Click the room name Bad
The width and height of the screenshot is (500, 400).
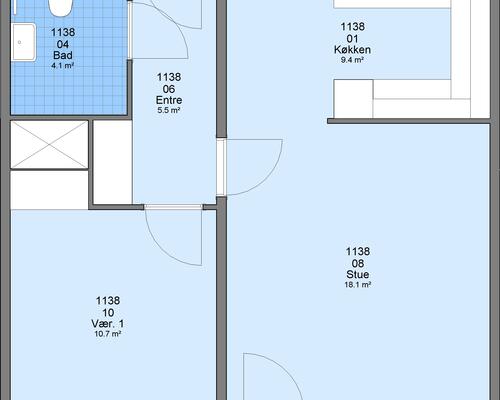coord(63,55)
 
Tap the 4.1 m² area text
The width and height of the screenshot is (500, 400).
coord(62,66)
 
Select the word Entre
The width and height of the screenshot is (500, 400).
coord(169,100)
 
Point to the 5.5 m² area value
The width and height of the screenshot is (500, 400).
coord(169,110)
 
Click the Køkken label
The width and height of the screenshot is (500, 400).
coord(352,50)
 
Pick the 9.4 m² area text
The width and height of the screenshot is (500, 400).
coord(352,60)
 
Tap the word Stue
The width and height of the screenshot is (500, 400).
coord(358,275)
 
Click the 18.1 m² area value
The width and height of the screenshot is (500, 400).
coord(358,285)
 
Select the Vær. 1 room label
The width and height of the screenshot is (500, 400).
coord(108,324)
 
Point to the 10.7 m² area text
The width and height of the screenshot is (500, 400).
coord(108,334)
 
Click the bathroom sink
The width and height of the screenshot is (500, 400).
coord(23,42)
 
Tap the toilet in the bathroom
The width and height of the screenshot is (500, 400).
coord(60,8)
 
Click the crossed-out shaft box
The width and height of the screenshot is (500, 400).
coord(49,144)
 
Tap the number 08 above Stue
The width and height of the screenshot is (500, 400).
coord(358,263)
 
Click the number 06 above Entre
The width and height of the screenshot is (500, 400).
coord(169,89)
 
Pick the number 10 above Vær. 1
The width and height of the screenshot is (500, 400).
coord(108,313)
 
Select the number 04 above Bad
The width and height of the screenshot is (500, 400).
coord(63,44)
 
